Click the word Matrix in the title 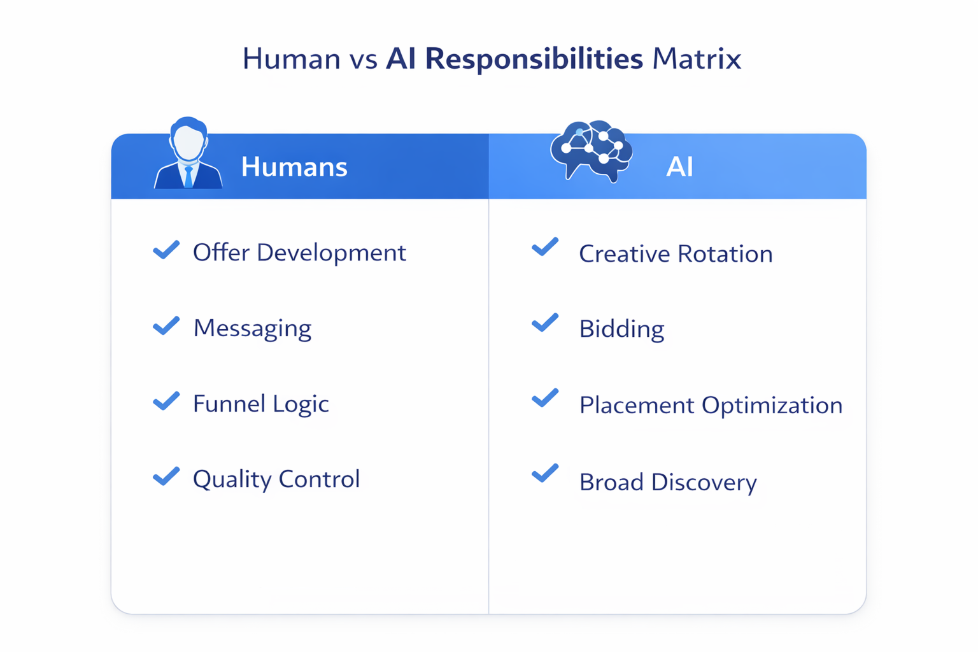click(697, 59)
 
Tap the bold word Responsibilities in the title click(534, 59)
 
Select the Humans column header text click(294, 167)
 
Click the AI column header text click(679, 167)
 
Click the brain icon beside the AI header click(592, 150)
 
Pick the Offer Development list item click(299, 253)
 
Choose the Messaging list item click(252, 328)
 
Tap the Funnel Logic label click(261, 404)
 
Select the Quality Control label click(276, 479)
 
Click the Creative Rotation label click(676, 254)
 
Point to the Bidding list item click(621, 329)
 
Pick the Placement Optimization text click(711, 406)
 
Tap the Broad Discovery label click(668, 482)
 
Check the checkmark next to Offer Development click(166, 250)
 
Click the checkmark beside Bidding click(545, 323)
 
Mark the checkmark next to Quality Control click(166, 476)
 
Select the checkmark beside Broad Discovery click(545, 473)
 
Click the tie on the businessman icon click(188, 177)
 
